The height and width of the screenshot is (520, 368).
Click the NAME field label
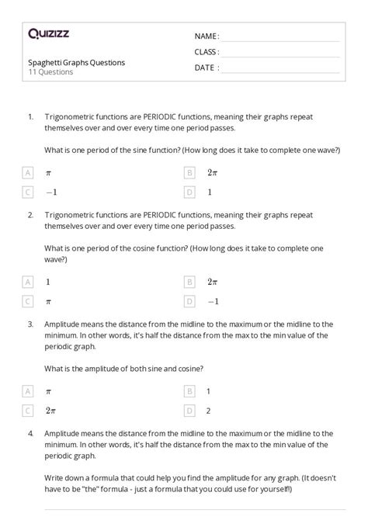tap(207, 36)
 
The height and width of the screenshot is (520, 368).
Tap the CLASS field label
tap(207, 52)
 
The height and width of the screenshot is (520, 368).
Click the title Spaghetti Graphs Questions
tap(75, 62)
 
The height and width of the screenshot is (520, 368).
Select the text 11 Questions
tap(50, 72)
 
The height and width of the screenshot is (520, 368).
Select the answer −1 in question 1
tap(51, 191)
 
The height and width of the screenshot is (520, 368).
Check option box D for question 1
tap(189, 191)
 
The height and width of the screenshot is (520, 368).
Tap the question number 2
tap(30, 214)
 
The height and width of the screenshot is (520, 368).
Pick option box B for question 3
tap(189, 390)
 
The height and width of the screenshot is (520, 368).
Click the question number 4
tap(30, 432)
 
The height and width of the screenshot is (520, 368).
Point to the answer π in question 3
tap(49, 390)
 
